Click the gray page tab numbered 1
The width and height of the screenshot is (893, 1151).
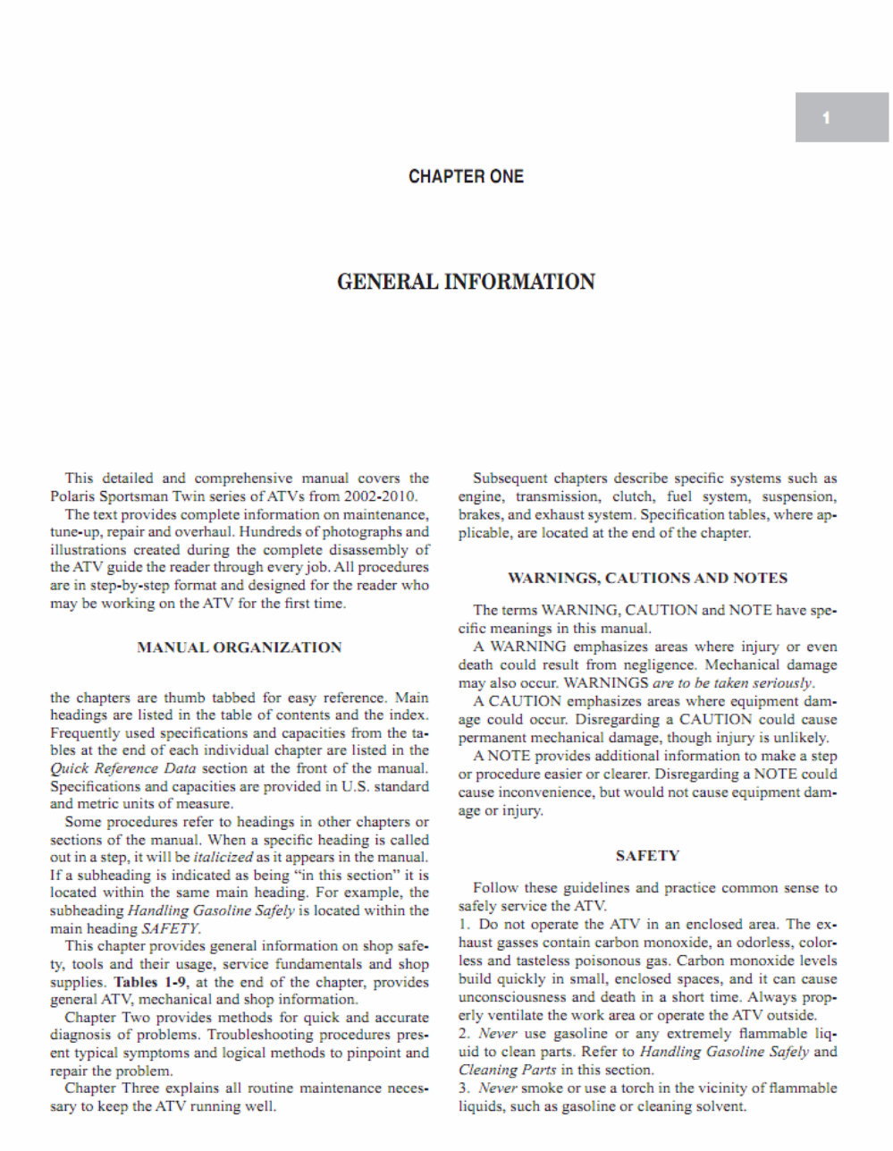(841, 117)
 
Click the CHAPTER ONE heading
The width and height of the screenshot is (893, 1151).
(466, 177)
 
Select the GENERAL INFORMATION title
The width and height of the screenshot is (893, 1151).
(466, 283)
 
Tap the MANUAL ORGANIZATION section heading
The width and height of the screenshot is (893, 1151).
(239, 647)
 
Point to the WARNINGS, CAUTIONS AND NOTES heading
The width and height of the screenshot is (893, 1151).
(647, 578)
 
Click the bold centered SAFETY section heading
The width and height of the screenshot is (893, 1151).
(647, 856)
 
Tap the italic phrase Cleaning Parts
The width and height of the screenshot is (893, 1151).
(507, 1070)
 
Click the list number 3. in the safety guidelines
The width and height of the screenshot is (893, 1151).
(464, 1088)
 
